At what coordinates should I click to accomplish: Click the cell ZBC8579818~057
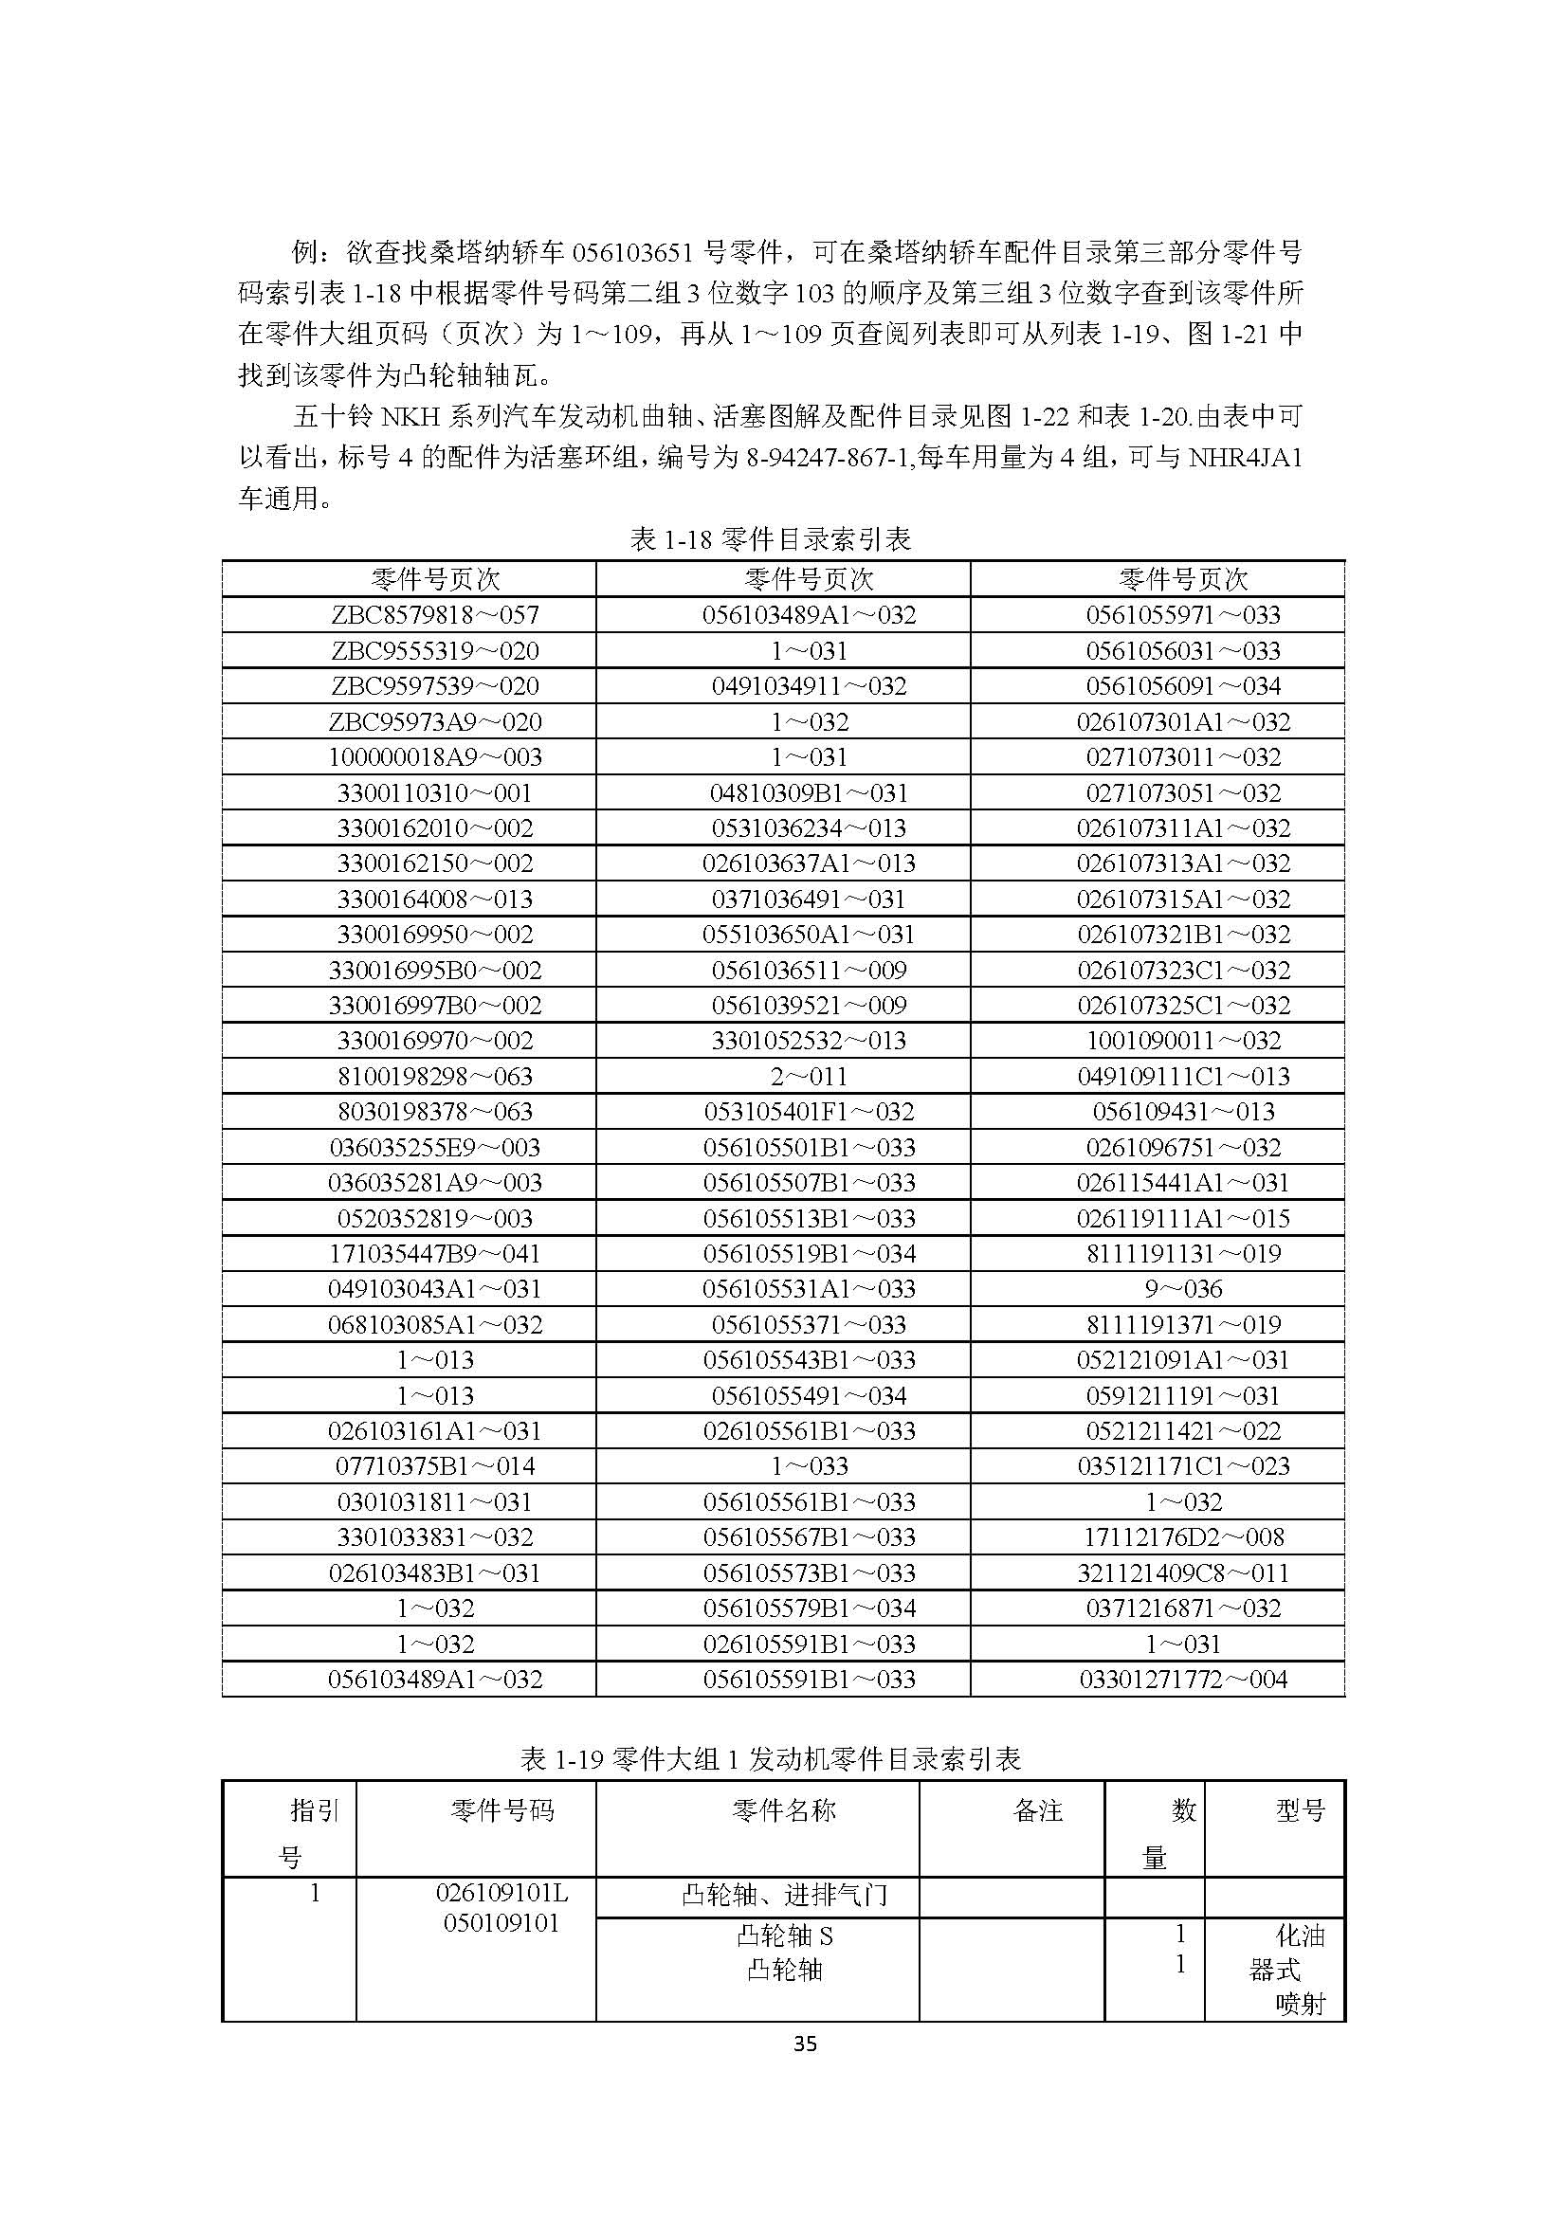click(434, 615)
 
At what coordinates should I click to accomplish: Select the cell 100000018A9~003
click(434, 757)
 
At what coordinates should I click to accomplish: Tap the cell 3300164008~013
click(434, 899)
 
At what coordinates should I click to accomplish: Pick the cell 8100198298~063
click(434, 1076)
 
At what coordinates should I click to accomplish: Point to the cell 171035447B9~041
click(434, 1253)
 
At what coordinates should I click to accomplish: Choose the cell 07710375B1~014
click(434, 1465)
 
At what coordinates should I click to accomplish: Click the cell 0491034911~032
click(809, 686)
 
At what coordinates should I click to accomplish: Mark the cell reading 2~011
click(809, 1076)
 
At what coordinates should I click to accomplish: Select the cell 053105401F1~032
click(809, 1112)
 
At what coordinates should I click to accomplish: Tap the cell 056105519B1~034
click(809, 1253)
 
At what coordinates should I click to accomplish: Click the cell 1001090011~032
click(1183, 1041)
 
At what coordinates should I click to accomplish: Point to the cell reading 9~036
click(1183, 1289)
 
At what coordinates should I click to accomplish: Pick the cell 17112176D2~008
click(1183, 1537)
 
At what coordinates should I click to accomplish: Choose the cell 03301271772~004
click(1183, 1680)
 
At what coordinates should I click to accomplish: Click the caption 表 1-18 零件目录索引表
click(771, 538)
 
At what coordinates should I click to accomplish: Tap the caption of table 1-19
click(771, 1759)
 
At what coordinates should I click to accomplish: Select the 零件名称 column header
click(784, 1810)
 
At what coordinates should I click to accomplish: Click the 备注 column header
click(1038, 1810)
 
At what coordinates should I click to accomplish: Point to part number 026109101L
click(502, 1893)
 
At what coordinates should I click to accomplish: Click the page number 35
click(804, 2044)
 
